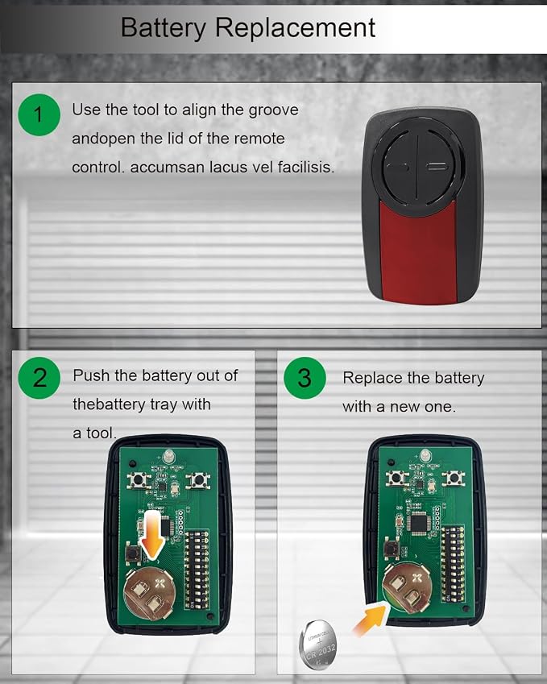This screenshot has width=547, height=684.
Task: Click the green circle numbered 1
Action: (x=39, y=114)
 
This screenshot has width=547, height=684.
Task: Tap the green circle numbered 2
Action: (x=39, y=378)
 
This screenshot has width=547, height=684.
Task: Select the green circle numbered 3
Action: (x=305, y=378)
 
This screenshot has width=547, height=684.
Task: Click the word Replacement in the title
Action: (x=295, y=27)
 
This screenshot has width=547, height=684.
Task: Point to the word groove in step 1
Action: (x=274, y=110)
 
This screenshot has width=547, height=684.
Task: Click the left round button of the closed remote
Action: (x=398, y=168)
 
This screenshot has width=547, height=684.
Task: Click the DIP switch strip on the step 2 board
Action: (x=196, y=569)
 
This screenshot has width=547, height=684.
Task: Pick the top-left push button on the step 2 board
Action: (x=139, y=480)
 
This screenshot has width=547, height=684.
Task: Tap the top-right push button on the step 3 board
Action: (x=453, y=478)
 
